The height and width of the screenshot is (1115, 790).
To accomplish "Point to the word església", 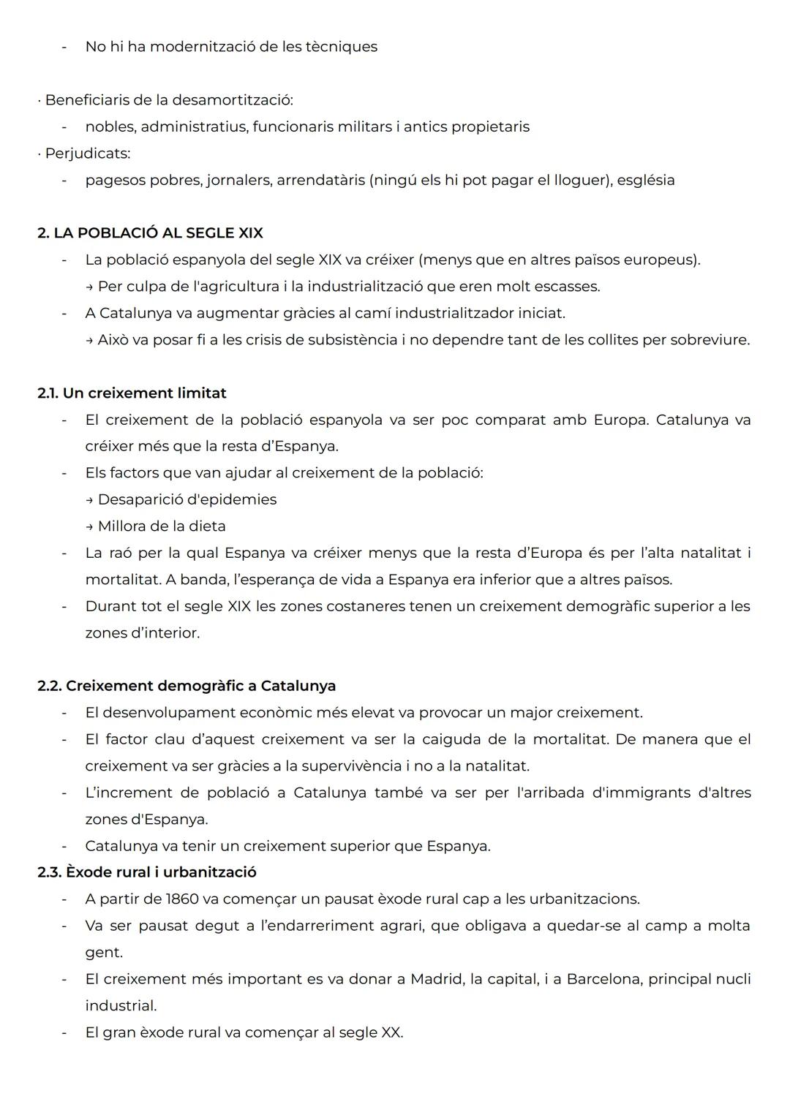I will point(646,180).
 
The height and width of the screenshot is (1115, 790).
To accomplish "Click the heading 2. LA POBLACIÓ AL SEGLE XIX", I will point(150,233).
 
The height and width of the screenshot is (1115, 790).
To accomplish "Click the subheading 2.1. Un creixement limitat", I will point(132,393).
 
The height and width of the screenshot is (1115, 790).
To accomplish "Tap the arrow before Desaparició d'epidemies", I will point(89,500).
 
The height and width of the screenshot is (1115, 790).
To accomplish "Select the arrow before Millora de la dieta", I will point(89,526).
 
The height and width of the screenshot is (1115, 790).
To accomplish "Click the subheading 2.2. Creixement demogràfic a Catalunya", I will point(187,687).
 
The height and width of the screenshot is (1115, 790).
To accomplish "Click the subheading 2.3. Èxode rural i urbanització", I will point(147,872).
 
